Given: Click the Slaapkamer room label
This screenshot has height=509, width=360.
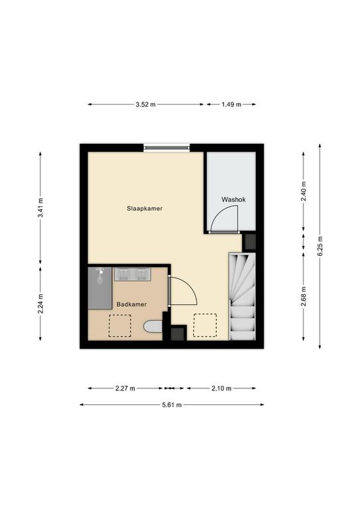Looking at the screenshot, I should (145, 208).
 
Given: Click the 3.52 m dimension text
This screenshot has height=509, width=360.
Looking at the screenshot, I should (145, 104).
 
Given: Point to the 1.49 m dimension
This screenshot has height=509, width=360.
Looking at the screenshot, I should (231, 104).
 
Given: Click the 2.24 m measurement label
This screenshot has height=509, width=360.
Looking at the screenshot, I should (40, 306).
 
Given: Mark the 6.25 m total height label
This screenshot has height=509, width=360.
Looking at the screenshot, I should (320, 247).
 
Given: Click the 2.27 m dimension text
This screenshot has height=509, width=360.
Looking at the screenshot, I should (125, 388).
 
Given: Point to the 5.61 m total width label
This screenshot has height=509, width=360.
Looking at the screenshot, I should (171, 404).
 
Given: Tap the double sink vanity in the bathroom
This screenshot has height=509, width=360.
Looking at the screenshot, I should (132, 274).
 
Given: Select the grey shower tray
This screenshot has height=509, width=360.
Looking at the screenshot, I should (99, 287).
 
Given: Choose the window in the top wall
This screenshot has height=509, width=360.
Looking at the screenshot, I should (166, 147).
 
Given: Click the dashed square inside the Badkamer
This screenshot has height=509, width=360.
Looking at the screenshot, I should (119, 325).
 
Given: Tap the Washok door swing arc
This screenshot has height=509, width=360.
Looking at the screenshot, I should (227, 218).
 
